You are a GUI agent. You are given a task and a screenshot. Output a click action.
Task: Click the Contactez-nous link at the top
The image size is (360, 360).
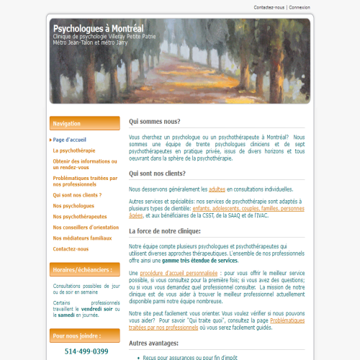269,8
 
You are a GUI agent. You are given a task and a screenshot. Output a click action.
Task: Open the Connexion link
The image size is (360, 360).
300,8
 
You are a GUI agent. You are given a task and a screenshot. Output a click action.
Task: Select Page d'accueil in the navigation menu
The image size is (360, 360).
69,140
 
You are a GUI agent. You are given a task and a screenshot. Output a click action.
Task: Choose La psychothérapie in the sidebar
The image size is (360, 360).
73,150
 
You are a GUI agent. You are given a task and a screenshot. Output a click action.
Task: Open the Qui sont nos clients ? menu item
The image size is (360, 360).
77,194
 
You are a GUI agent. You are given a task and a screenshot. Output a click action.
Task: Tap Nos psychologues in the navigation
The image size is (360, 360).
73,205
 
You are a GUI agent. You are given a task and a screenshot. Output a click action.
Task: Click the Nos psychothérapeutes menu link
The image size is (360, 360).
80,216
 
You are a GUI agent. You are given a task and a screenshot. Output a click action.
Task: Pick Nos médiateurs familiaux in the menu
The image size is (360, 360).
82,238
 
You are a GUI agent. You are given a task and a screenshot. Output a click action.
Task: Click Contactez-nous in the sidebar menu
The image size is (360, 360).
71,248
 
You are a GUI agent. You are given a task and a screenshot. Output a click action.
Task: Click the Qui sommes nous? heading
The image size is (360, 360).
155,122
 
